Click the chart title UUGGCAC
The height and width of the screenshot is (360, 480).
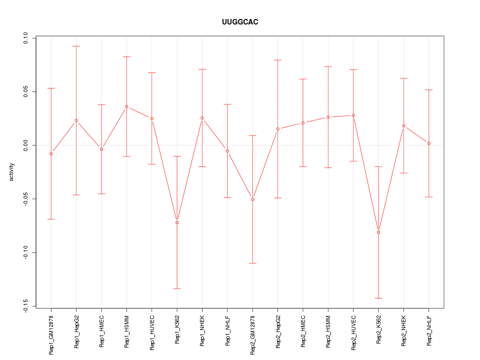[240, 22]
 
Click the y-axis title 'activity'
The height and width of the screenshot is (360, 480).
[12, 172]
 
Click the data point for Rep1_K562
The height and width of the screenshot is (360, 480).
[177, 222]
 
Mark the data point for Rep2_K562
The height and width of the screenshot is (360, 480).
[378, 232]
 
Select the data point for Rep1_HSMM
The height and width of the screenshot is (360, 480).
[126, 106]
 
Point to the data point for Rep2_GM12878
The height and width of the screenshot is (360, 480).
[252, 199]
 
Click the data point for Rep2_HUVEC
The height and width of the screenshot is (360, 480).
[353, 115]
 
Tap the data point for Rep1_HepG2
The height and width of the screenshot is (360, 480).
[76, 120]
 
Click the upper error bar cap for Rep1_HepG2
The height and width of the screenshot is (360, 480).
[76, 46]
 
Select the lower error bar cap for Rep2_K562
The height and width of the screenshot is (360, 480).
[378, 298]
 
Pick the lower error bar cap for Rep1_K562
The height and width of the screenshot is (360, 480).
[177, 288]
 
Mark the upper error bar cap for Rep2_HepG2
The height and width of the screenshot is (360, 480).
[277, 60]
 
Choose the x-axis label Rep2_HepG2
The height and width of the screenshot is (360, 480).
[277, 330]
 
